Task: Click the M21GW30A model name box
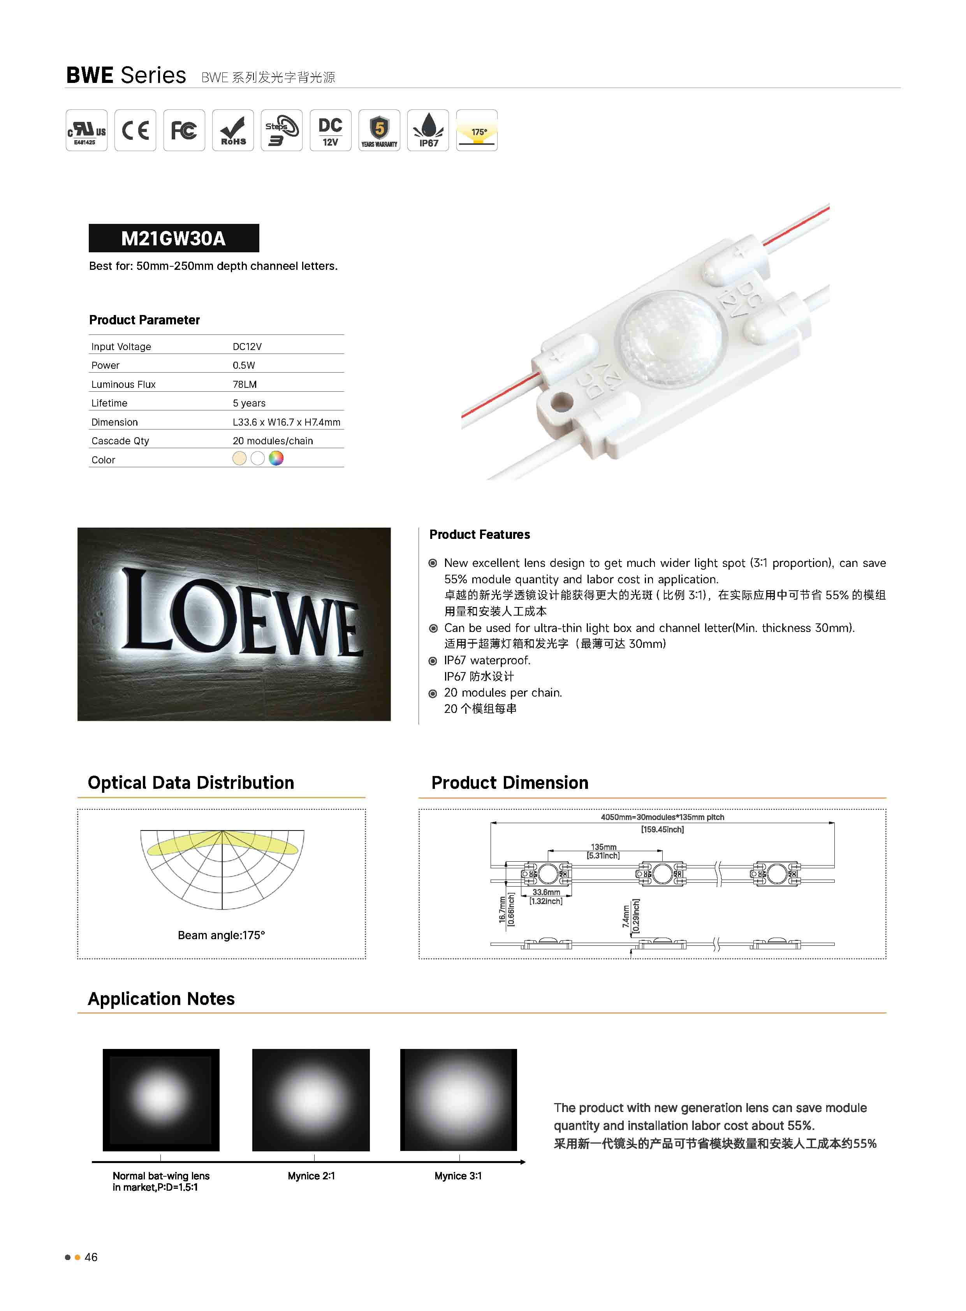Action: coord(174,238)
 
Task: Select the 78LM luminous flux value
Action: coord(245,384)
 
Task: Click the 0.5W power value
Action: coord(243,365)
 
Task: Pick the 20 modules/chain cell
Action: coord(273,441)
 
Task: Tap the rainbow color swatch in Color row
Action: coord(276,458)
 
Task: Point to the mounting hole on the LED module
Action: coord(563,402)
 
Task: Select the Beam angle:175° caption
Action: coord(221,935)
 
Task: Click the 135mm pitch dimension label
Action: coord(604,847)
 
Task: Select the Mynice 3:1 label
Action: coord(458,1176)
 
